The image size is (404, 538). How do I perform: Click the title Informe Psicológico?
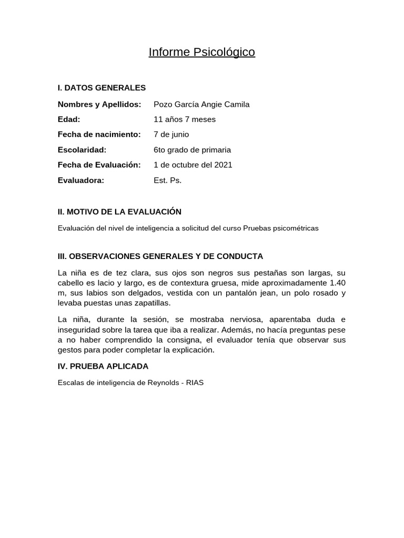[201, 52]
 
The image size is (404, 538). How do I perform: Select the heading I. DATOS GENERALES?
[102, 88]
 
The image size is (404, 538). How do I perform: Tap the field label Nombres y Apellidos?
[99, 104]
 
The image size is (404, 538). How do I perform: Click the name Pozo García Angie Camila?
[201, 104]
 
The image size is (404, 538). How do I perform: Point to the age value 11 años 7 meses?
[184, 119]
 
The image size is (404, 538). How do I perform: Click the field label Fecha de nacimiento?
[99, 134]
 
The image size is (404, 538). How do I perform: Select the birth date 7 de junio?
[171, 134]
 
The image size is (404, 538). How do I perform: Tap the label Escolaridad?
[82, 150]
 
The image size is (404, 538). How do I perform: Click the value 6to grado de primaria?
[192, 150]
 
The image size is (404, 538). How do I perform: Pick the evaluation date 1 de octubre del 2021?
[193, 164]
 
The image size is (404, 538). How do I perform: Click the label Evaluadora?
[81, 180]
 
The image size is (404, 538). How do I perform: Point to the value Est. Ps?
[167, 180]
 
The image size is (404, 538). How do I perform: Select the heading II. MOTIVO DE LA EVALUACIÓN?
[119, 212]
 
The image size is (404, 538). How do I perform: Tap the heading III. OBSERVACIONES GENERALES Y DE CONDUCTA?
[160, 256]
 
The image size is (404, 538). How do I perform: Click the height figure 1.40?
[337, 283]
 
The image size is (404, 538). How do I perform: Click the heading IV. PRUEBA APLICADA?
[103, 366]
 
